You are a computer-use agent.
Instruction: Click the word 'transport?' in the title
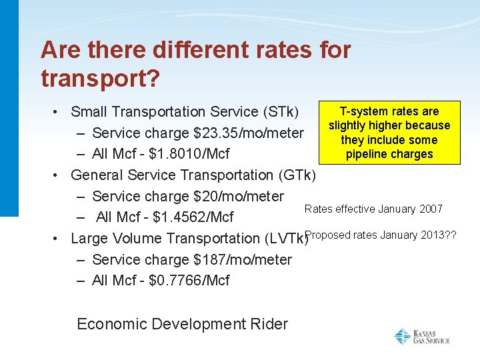pos(100,78)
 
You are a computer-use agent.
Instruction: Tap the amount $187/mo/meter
pos(242,259)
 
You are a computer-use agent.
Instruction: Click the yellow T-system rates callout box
pos(389,133)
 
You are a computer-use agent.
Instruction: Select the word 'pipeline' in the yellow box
pos(365,155)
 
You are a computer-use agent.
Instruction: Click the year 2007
pos(431,209)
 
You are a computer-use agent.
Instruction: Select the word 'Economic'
pos(109,324)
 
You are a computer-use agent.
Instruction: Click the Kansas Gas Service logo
pos(421,337)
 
